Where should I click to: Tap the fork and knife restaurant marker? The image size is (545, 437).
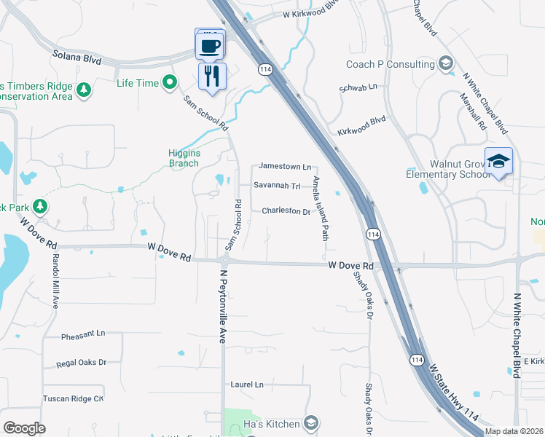(212, 76)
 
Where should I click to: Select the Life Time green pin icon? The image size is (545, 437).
(170, 82)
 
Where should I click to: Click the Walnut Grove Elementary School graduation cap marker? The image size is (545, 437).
(498, 162)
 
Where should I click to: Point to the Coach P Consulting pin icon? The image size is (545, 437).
(444, 64)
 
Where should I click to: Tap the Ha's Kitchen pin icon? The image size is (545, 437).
(311, 424)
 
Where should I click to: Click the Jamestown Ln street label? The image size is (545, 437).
(285, 167)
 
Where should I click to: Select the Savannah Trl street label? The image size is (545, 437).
(277, 186)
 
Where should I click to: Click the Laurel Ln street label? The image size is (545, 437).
(247, 384)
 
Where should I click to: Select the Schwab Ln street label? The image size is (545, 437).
(358, 87)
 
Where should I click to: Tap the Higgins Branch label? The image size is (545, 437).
(184, 158)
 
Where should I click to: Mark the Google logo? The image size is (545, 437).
(24, 428)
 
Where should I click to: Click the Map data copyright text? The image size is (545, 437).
(513, 431)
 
